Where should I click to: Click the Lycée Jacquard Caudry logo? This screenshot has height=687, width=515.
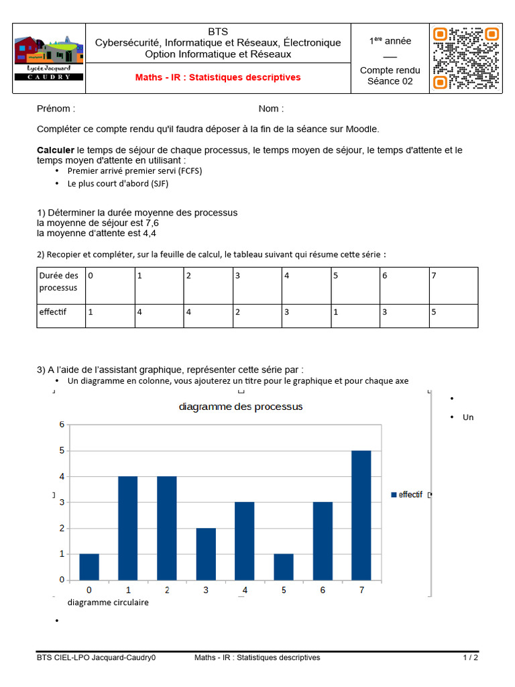(49, 58)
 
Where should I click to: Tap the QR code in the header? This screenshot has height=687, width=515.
(465, 58)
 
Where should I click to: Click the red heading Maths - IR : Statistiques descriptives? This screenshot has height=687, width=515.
(218, 78)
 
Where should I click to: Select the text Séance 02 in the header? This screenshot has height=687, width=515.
(390, 82)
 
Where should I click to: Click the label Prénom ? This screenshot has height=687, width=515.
(56, 109)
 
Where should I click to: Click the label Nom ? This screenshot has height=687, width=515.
(271, 109)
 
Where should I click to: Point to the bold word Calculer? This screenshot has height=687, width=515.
(55, 150)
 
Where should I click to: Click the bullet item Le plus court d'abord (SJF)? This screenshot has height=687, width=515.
(118, 183)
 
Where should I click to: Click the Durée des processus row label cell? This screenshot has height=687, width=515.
(60, 282)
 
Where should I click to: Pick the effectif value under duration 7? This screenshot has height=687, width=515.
(434, 312)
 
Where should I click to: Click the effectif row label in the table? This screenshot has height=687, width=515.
(53, 312)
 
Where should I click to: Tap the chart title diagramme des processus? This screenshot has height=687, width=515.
(241, 407)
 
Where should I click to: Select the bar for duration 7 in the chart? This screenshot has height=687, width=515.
(361, 515)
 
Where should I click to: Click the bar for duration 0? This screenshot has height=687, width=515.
(89, 567)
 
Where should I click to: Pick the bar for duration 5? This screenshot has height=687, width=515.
(284, 567)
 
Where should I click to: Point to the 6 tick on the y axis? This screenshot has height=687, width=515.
(62, 425)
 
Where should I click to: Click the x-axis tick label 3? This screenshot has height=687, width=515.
(206, 590)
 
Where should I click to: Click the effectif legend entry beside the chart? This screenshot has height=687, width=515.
(406, 494)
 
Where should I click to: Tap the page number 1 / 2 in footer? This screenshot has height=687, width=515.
(470, 657)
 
